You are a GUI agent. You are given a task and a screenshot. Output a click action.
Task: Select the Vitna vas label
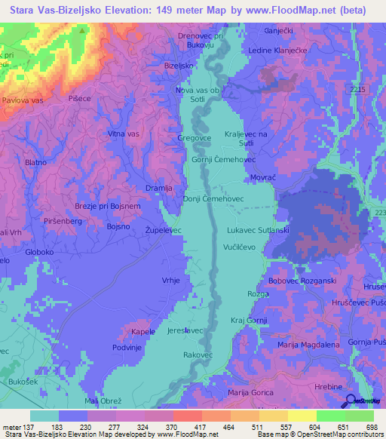[x=124, y=134]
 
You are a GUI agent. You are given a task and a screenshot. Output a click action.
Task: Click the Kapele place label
[x=142, y=332]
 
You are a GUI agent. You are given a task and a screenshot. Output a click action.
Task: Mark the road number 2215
[x=357, y=89]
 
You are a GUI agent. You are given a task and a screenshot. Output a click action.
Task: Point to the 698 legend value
[x=366, y=426]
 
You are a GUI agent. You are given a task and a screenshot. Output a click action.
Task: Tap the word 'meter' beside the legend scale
[x=11, y=426]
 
